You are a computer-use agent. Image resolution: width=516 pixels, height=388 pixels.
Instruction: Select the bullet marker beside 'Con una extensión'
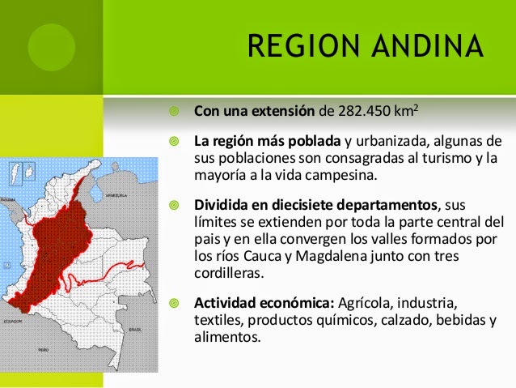click(173, 110)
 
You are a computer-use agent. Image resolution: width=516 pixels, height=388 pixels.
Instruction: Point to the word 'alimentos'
click(227, 338)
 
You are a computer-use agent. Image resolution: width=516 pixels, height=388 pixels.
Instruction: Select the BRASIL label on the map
click(136, 330)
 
